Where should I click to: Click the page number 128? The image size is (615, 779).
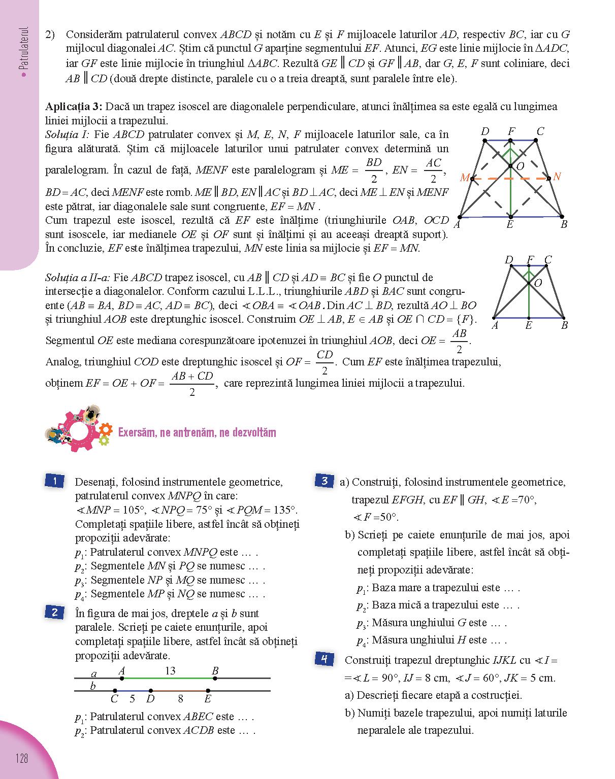click(22, 759)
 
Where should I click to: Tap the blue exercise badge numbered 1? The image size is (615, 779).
click(54, 481)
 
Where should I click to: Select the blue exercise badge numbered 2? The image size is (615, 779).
click(54, 613)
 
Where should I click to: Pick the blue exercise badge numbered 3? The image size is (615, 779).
click(324, 481)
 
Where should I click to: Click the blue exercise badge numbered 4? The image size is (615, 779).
click(324, 659)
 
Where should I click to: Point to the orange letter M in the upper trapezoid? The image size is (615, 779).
click(464, 178)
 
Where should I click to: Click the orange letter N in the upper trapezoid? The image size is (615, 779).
click(557, 177)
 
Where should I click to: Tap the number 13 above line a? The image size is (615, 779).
click(170, 670)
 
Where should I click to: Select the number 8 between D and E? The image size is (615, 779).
click(180, 699)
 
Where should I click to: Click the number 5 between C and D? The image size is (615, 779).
click(132, 699)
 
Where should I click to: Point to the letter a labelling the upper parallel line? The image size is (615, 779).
click(93, 674)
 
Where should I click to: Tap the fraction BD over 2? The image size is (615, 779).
click(374, 171)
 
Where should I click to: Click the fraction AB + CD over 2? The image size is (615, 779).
click(192, 384)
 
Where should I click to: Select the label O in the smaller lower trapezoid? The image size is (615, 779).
click(538, 283)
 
